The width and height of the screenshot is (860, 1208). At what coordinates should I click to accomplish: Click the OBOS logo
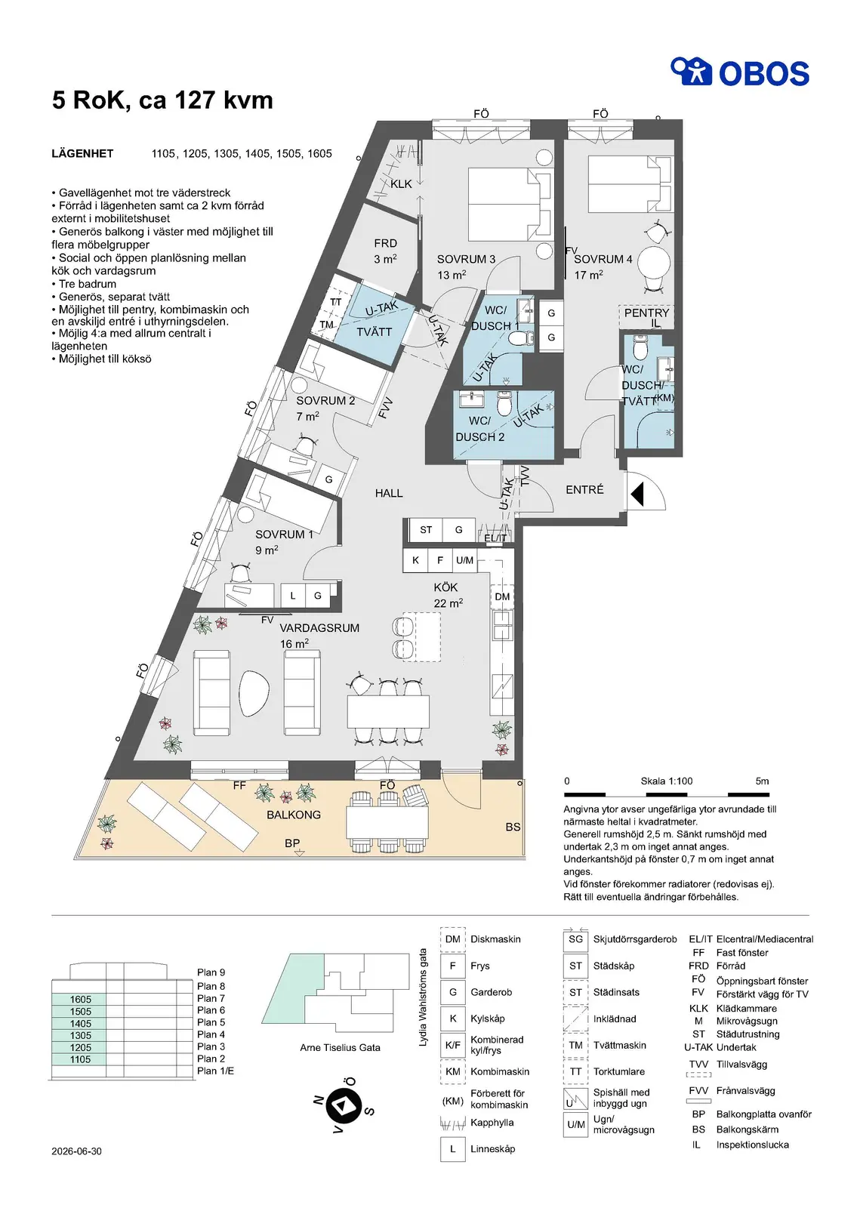(x=740, y=72)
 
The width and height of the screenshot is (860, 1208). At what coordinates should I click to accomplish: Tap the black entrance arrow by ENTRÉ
(x=637, y=494)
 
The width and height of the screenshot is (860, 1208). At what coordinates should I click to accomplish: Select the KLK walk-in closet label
(x=401, y=184)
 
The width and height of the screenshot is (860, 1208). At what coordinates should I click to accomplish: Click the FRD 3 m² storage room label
(x=385, y=251)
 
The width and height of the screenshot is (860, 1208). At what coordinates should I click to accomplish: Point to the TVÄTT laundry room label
(x=375, y=332)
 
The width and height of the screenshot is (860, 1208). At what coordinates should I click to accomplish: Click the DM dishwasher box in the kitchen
(x=502, y=596)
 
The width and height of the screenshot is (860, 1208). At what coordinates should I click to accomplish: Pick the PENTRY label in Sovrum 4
(x=646, y=313)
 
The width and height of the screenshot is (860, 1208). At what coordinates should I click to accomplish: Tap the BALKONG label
(x=294, y=815)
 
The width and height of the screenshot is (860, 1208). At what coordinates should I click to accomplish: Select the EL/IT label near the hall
(x=495, y=538)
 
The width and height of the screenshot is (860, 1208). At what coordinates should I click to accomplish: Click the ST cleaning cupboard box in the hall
(x=425, y=530)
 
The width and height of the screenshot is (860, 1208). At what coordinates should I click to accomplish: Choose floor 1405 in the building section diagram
(x=80, y=1024)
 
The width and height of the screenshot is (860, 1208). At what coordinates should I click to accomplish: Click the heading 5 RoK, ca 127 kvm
(x=162, y=100)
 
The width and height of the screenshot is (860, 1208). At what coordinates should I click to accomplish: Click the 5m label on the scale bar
(x=762, y=781)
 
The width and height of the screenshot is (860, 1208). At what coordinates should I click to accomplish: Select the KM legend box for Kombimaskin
(x=452, y=1071)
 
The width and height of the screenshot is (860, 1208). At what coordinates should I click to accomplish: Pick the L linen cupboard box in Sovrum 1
(x=293, y=596)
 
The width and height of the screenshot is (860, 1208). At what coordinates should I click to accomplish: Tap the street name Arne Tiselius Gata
(x=341, y=1047)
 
